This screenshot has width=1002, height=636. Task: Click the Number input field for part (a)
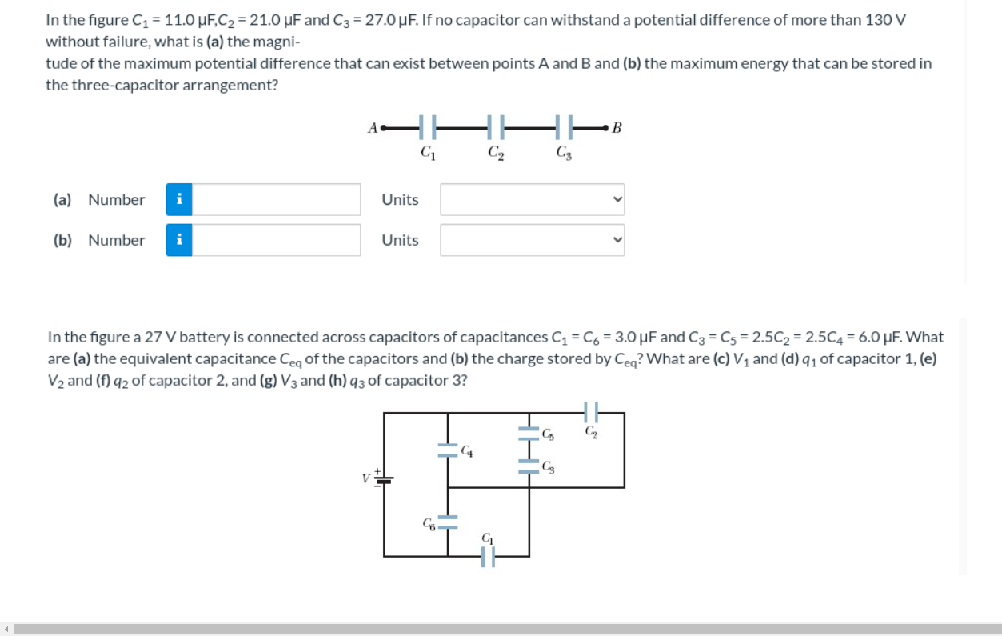(x=276, y=200)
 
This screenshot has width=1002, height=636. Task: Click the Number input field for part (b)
(x=276, y=240)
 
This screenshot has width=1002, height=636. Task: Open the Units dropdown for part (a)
(x=532, y=200)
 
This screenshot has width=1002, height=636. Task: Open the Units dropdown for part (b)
(x=532, y=240)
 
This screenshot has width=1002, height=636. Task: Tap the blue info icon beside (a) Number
(x=179, y=200)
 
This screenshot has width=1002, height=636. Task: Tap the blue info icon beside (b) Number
(x=179, y=240)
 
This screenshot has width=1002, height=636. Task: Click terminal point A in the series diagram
(x=382, y=126)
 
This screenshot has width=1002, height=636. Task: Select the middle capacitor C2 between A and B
(x=495, y=127)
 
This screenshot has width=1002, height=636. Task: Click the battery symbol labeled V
(x=384, y=479)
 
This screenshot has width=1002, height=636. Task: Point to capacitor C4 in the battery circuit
(x=446, y=450)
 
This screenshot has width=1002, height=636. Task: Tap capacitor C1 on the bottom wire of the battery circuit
(x=488, y=556)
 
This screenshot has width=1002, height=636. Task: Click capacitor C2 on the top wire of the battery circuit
(x=591, y=414)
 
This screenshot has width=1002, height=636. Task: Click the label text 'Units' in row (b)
(x=400, y=240)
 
